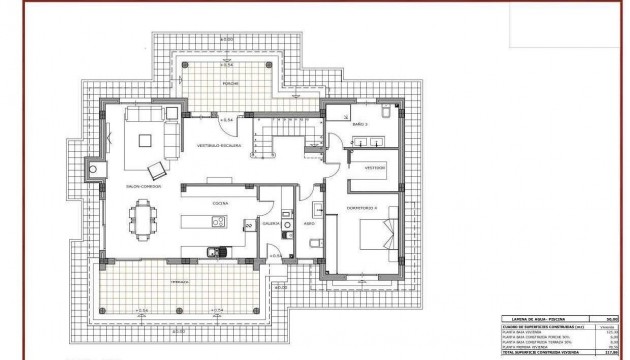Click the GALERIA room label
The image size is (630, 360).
[x=270, y=224]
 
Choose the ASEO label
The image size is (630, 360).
[x=310, y=224]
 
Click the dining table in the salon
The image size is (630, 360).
[x=147, y=217]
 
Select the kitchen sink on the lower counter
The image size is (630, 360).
[x=211, y=251]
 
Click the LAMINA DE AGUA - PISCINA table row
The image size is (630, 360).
[x=561, y=315]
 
